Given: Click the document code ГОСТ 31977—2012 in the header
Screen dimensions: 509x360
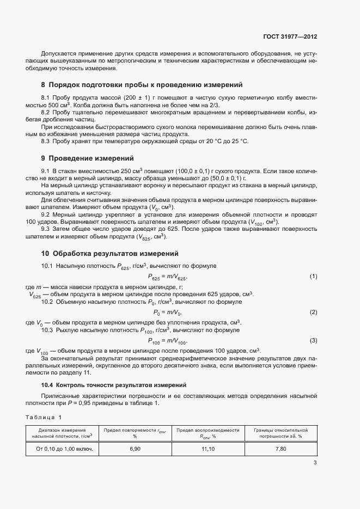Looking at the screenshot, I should [x=289, y=37].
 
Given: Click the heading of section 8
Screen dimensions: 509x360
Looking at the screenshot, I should [x=141, y=85].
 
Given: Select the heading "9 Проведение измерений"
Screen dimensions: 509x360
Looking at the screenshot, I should [x=87, y=158].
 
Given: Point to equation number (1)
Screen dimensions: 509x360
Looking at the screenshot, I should [x=313, y=277].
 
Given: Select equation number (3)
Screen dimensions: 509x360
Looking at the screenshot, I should [x=313, y=340].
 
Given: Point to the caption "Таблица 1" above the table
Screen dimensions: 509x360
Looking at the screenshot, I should [x=44, y=416].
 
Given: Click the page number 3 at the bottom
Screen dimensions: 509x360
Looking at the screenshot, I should [x=315, y=463].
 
